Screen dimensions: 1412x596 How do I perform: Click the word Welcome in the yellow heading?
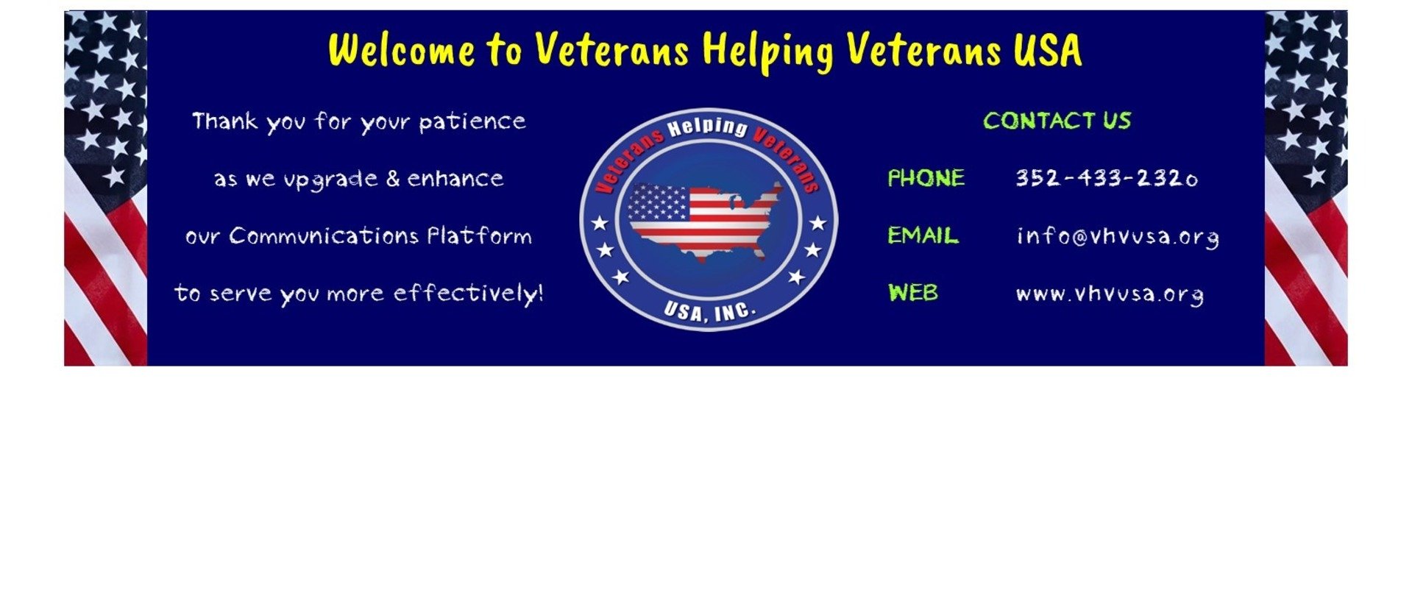pyautogui.click(x=402, y=50)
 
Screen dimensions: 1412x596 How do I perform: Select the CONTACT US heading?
pyautogui.click(x=1057, y=121)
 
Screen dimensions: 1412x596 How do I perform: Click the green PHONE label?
pyautogui.click(x=926, y=178)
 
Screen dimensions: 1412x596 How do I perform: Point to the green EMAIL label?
pyautogui.click(x=923, y=235)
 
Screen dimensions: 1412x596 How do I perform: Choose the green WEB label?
pyautogui.click(x=912, y=293)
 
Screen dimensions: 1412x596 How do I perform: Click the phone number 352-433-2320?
pyautogui.click(x=1107, y=178)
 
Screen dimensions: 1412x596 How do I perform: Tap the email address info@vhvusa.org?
pyautogui.click(x=1117, y=237)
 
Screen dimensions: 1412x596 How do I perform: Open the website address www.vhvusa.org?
pyautogui.click(x=1110, y=294)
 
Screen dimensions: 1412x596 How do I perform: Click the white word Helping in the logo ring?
pyautogui.click(x=707, y=127)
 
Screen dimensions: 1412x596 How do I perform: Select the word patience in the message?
pyautogui.click(x=472, y=121)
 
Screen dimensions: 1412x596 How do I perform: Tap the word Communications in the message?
pyautogui.click(x=323, y=236)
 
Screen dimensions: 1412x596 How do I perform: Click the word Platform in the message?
pyautogui.click(x=480, y=236)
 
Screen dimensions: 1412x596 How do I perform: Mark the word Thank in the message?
pyautogui.click(x=225, y=121)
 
